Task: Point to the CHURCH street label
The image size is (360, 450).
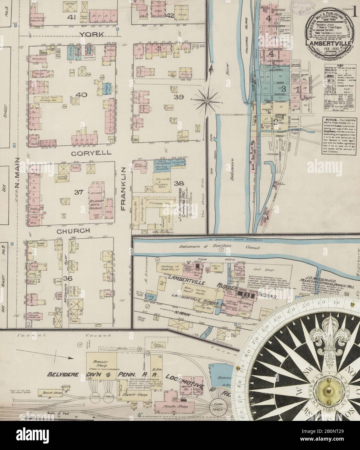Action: [x=73, y=231]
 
